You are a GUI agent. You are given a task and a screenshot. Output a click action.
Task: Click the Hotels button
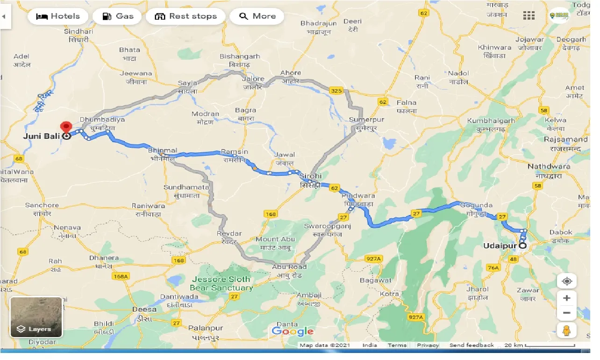(57, 16)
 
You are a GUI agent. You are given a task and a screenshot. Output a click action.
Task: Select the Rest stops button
(186, 16)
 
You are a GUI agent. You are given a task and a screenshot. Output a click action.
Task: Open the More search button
(257, 16)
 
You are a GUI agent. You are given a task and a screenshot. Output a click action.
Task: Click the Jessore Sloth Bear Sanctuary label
(222, 283)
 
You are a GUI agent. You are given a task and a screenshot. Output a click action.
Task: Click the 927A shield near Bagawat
(374, 258)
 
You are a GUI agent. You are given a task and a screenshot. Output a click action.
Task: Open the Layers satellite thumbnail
(36, 317)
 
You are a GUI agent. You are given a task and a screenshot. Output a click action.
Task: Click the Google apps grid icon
(529, 16)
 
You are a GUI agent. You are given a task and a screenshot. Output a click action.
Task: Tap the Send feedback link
(471, 345)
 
